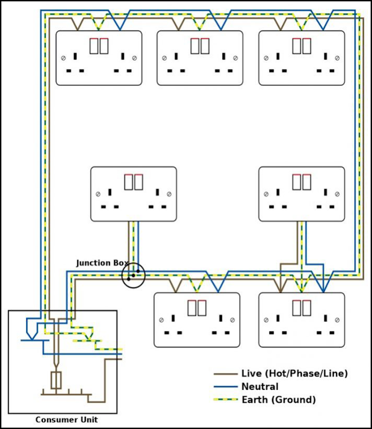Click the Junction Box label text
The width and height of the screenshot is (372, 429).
(102, 263)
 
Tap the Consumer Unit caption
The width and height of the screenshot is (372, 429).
(66, 420)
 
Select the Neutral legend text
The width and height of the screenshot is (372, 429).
(260, 387)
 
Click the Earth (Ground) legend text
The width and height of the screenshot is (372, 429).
(279, 400)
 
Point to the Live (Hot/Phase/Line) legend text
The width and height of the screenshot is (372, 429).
(295, 373)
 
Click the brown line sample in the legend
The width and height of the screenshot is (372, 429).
(226, 374)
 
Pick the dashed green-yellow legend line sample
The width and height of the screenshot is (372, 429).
(226, 400)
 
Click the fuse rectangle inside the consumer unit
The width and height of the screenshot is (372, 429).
(56, 380)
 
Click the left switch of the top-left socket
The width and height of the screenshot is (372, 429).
(94, 46)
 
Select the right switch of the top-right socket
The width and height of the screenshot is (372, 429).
(307, 46)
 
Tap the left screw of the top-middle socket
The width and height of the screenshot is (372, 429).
(165, 58)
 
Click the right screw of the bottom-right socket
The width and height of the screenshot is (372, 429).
(337, 320)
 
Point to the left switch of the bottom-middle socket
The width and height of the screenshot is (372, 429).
(192, 308)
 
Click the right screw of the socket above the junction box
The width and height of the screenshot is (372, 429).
(169, 194)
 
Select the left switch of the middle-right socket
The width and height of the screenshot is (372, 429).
(297, 182)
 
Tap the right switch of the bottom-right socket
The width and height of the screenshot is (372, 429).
(307, 308)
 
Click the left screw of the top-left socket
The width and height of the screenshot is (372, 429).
(63, 58)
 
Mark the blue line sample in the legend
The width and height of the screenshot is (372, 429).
(226, 387)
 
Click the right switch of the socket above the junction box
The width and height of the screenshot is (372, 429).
(138, 182)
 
